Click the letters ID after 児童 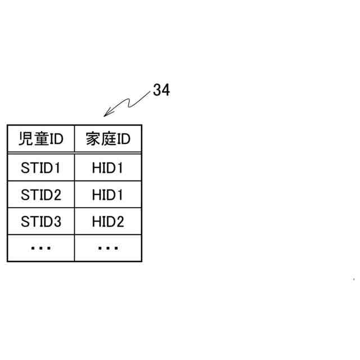54,139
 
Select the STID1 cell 40,168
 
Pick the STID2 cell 40,195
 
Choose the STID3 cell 40,222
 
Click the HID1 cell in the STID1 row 108,168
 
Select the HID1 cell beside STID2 108,195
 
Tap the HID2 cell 108,222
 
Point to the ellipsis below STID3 40,247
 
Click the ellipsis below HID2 108,247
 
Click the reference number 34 161,90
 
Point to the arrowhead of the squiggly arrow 105,116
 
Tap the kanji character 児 25,139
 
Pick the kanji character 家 92,139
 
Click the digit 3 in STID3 56,222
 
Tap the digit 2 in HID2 119,222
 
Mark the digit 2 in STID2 56,195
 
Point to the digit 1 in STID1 56,168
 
